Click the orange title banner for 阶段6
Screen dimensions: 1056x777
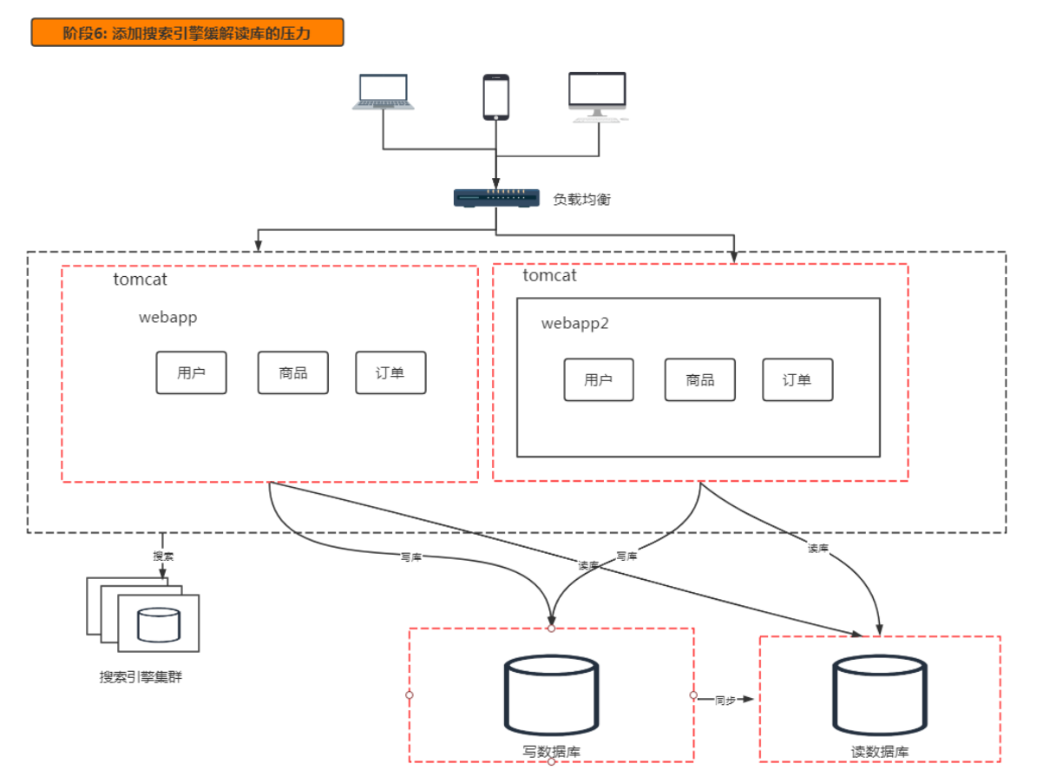[x=187, y=32]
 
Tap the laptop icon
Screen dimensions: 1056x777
[x=384, y=91]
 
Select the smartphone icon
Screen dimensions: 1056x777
[x=496, y=96]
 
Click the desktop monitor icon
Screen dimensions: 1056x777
[x=598, y=96]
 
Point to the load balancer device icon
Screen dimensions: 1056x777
[x=496, y=198]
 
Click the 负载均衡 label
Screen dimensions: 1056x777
[x=581, y=199]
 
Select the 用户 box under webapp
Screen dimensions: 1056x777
[x=192, y=372]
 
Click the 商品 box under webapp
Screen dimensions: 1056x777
[x=292, y=372]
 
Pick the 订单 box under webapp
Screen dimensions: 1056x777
[x=390, y=372]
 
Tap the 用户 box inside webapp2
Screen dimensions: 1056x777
[x=599, y=379]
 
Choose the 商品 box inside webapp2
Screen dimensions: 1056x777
[x=700, y=379]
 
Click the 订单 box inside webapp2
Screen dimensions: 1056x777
[x=797, y=379]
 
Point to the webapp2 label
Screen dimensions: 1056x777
[x=575, y=324]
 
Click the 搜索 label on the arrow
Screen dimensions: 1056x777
[x=163, y=556]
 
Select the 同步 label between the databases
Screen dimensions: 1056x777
[x=725, y=700]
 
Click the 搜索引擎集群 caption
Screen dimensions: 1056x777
[x=141, y=677]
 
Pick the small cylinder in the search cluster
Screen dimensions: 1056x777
[x=159, y=624]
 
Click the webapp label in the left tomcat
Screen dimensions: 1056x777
[x=167, y=318]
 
